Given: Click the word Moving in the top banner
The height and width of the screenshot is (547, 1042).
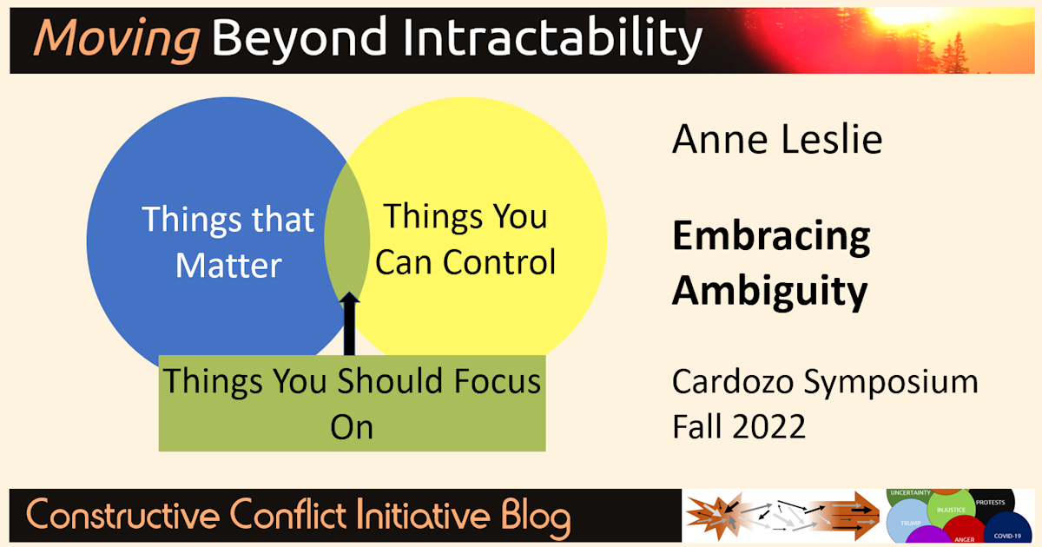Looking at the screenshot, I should [x=115, y=39].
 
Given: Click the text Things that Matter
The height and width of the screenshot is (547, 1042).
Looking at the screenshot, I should [x=228, y=241].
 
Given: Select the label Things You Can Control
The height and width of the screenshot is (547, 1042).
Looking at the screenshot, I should [x=465, y=239].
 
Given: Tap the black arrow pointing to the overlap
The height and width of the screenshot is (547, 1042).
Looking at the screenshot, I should [x=349, y=326].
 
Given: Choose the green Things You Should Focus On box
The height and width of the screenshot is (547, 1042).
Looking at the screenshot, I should [x=352, y=403].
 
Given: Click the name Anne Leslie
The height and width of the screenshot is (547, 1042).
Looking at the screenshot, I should [x=776, y=139].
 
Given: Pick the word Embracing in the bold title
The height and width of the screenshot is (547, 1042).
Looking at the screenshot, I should [x=771, y=237].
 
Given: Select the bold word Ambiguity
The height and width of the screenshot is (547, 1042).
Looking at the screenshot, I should [x=769, y=291].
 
